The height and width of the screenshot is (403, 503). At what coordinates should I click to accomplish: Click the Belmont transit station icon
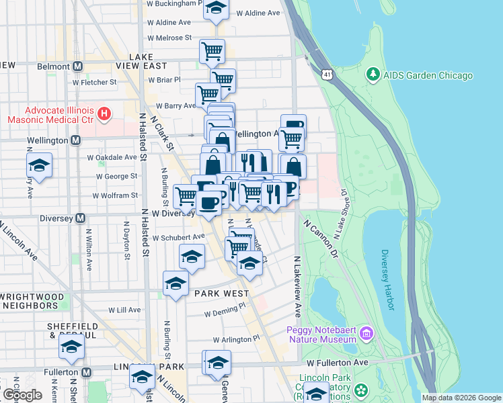77,66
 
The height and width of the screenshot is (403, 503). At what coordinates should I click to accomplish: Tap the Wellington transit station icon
75,140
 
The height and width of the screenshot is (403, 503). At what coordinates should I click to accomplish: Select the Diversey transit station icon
80,218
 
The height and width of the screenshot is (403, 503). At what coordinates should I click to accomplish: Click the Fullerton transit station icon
86,371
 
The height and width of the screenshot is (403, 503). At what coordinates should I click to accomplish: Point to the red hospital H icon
104,114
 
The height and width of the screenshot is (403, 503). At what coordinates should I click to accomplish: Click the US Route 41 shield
326,72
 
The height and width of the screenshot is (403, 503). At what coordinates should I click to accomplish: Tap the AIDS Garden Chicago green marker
373,74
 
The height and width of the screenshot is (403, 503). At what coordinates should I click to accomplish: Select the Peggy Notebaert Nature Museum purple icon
366,333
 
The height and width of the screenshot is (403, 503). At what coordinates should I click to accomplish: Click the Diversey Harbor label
386,279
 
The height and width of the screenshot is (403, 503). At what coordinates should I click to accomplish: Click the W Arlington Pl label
236,340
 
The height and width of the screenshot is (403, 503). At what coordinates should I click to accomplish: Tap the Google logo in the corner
22,395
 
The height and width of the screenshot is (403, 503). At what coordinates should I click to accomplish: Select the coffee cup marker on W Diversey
208,202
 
